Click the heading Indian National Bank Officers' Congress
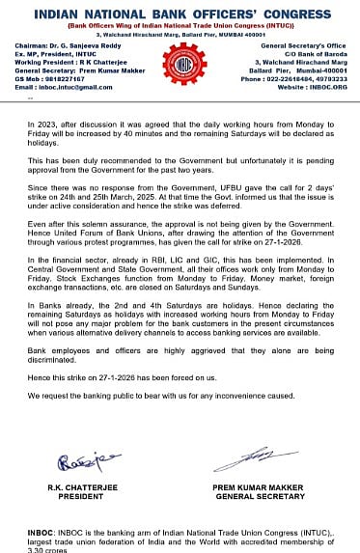(x=180, y=13)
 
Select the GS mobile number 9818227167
(x=65, y=79)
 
